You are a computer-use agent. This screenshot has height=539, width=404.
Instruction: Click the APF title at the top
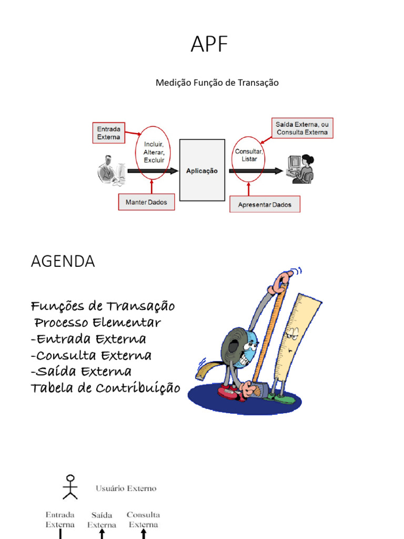[x=209, y=45]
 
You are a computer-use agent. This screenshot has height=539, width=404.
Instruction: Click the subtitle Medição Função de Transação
[x=217, y=83]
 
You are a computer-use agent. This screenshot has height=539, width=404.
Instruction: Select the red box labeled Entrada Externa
[x=109, y=133]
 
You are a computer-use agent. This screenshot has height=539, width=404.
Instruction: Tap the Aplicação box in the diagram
[x=202, y=171]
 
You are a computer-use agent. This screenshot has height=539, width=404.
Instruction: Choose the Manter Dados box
[x=146, y=202]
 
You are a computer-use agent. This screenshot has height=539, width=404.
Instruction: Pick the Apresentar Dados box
[x=265, y=204]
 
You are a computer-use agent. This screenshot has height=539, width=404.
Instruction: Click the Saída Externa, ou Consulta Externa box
[x=302, y=128]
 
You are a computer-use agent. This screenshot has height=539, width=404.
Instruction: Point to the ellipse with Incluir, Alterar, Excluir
[x=154, y=152]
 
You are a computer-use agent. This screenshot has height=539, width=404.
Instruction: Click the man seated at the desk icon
[x=111, y=170]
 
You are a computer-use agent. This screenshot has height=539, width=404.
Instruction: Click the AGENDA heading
[x=63, y=262]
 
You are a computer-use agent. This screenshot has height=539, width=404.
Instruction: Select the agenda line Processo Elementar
[x=97, y=322]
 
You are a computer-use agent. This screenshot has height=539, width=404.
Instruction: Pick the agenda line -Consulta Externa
[x=91, y=355]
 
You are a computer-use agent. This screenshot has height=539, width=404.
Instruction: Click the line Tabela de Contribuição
[x=105, y=388]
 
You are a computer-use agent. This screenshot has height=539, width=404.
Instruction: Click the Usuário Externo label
[x=126, y=488]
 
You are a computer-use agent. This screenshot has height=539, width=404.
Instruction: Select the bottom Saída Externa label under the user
[x=102, y=520]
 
